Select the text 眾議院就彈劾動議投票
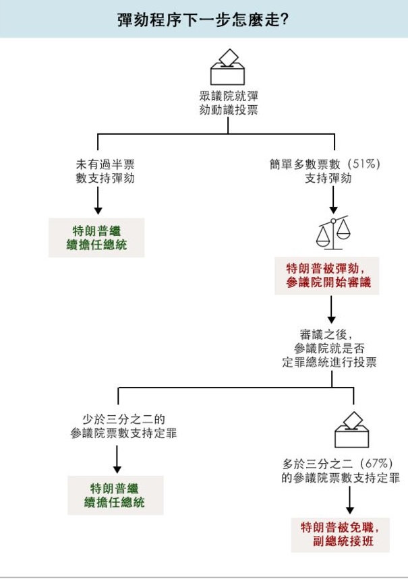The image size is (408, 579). click(228, 103)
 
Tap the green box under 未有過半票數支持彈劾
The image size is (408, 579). click(98, 237)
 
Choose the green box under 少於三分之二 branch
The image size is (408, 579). click(115, 495)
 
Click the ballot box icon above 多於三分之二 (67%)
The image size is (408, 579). click(352, 430)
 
